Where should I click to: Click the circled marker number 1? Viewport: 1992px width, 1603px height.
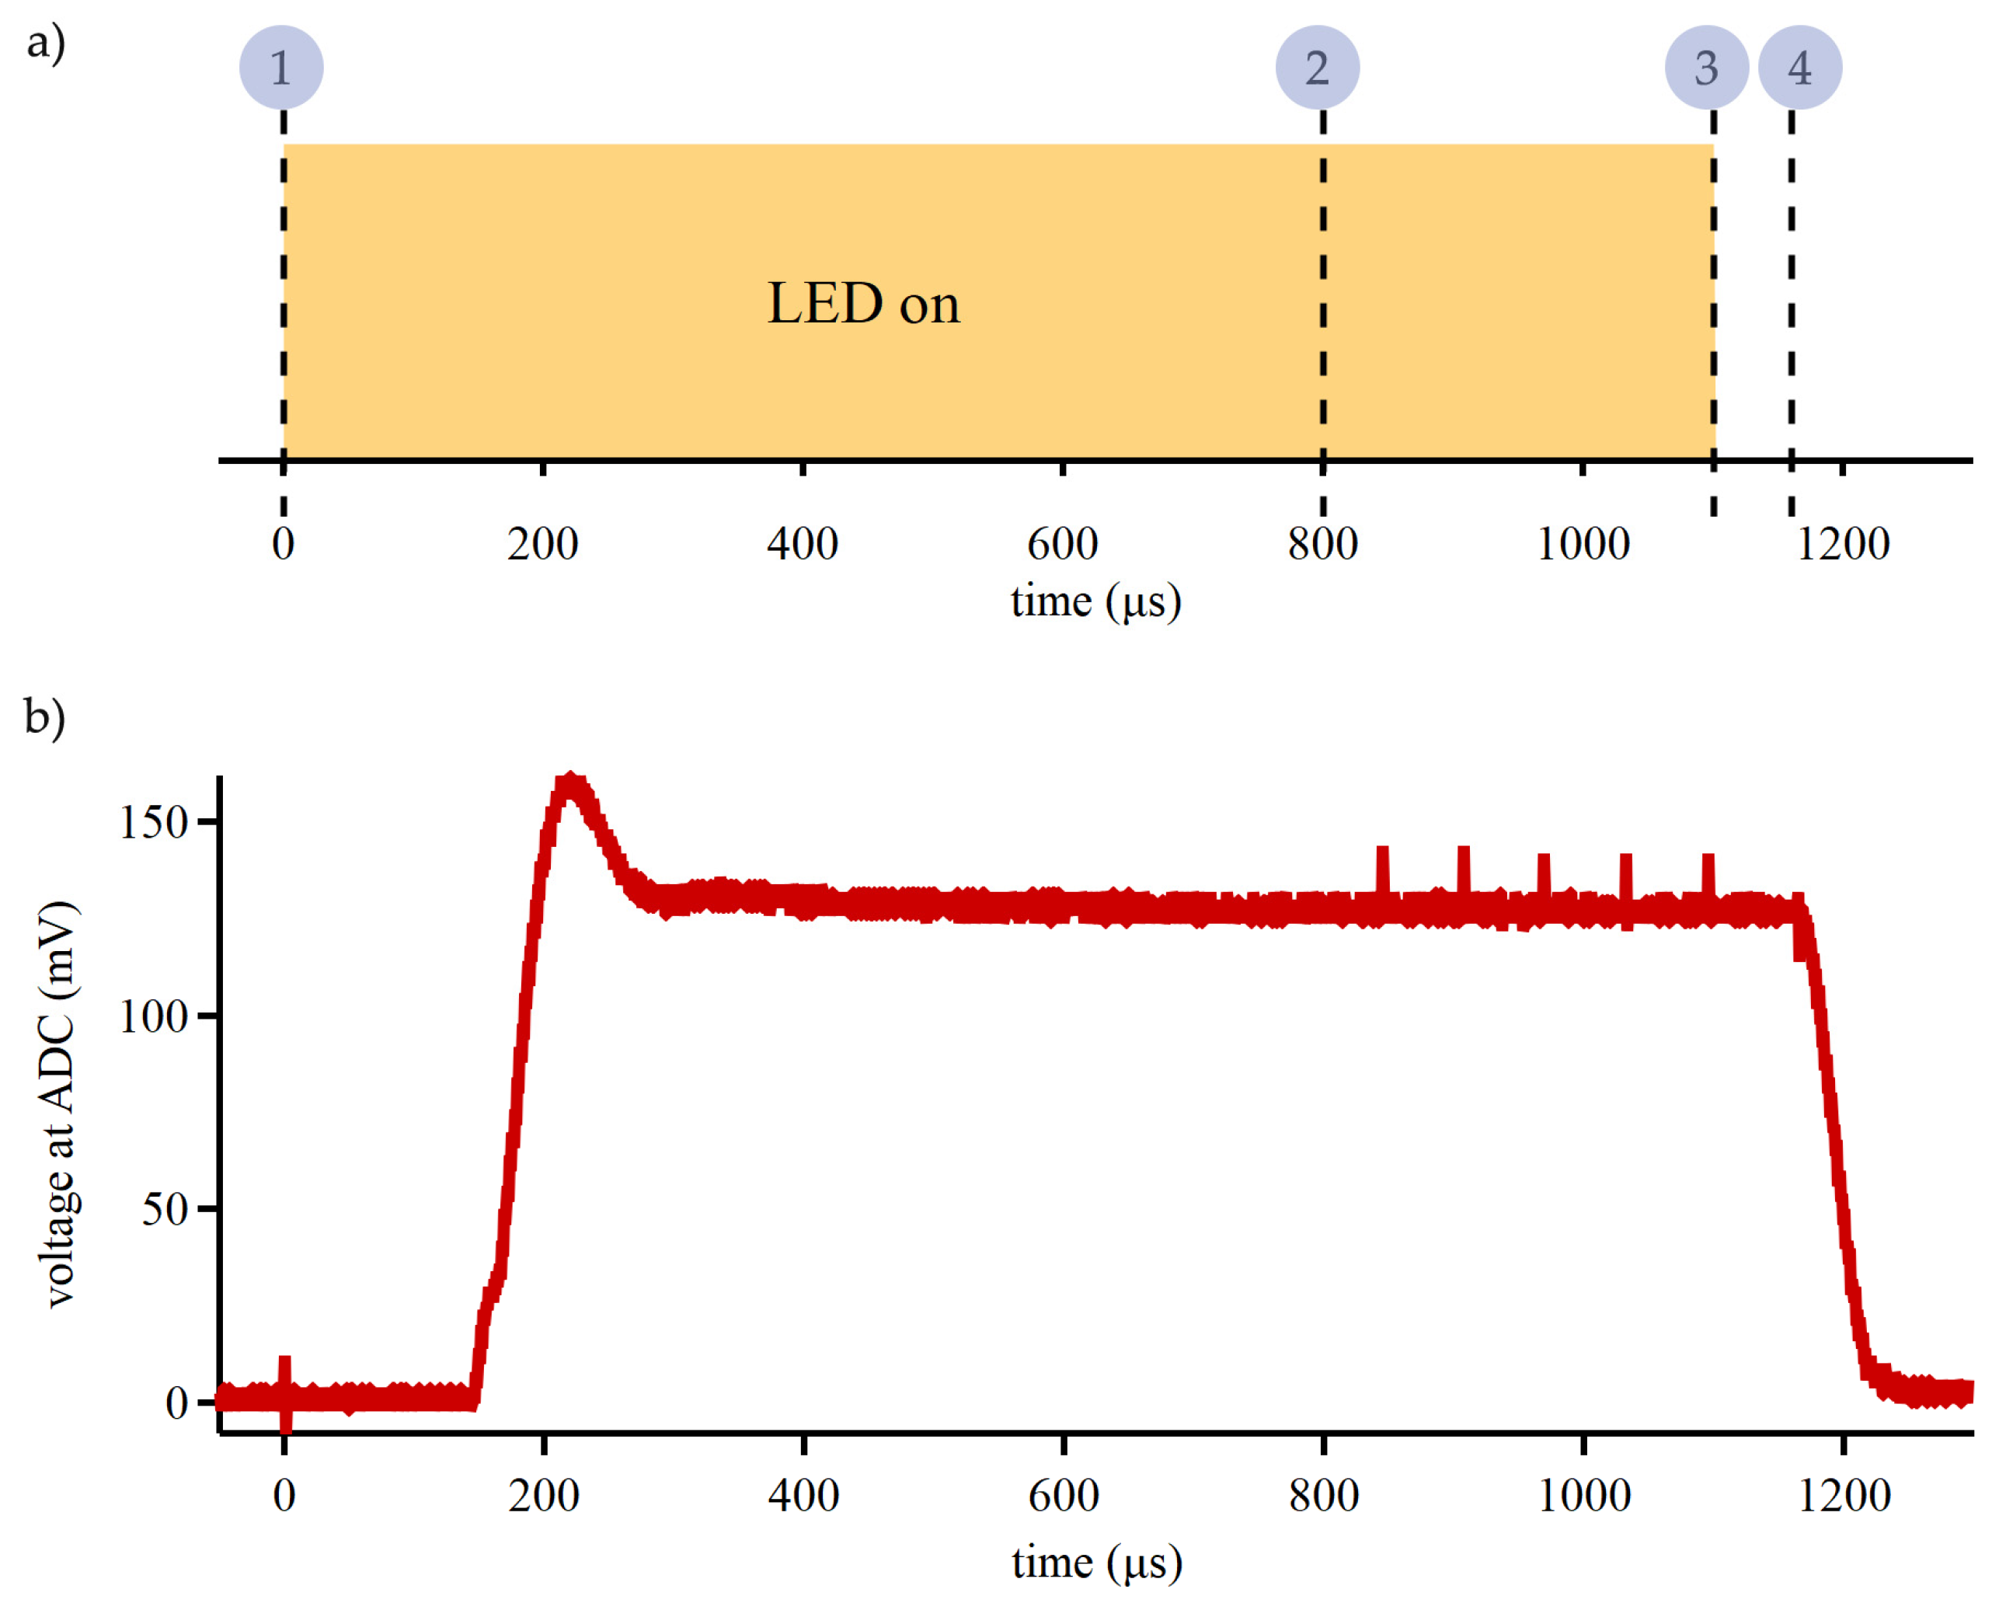click(x=281, y=68)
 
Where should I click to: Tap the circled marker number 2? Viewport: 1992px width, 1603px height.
click(x=1317, y=68)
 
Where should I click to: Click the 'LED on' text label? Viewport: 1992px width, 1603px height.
click(x=863, y=303)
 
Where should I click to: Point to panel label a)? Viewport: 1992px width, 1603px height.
click(x=45, y=43)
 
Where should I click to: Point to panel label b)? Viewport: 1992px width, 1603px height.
click(x=44, y=717)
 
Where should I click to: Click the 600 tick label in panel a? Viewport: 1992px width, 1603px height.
click(x=1063, y=543)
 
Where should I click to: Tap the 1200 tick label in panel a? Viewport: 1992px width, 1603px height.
click(x=1842, y=543)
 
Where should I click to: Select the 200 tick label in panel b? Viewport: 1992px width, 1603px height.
click(x=543, y=1495)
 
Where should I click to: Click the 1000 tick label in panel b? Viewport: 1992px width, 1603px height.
click(x=1583, y=1495)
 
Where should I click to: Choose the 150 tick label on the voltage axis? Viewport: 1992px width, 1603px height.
click(x=153, y=822)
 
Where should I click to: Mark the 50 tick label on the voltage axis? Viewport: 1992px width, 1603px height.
click(x=165, y=1208)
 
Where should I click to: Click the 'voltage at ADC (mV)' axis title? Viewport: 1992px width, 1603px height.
click(x=59, y=1104)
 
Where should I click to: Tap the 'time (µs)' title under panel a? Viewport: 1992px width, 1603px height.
click(x=1095, y=601)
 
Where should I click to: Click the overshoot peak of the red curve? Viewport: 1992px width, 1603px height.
click(x=571, y=783)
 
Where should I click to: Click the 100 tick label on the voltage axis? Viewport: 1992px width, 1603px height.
click(x=153, y=1016)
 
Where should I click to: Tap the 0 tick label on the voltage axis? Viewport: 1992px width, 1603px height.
click(x=176, y=1403)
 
